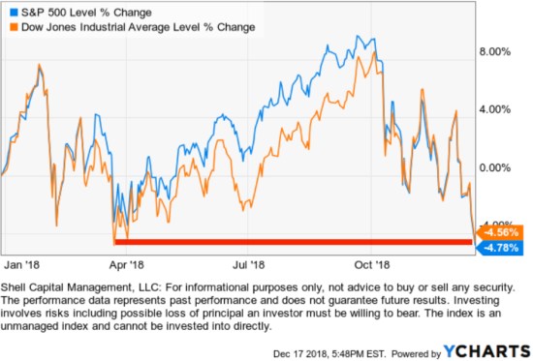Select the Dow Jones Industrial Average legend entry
133,27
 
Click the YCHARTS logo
486,349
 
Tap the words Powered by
413,350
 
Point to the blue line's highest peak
361,38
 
